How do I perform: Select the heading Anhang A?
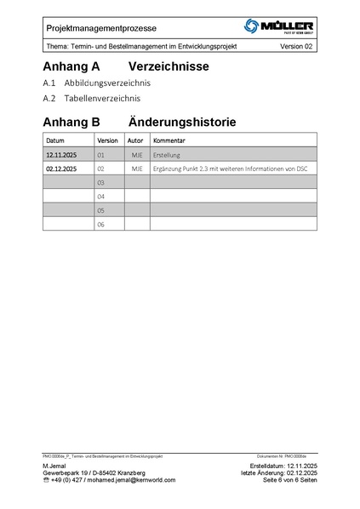point(71,66)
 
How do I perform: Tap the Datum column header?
point(55,140)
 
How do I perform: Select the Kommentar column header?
point(169,140)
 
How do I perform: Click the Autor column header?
point(136,140)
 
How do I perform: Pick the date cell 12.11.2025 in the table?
point(61,156)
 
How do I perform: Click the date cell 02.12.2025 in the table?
point(61,169)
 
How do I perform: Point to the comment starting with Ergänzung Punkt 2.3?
point(230,169)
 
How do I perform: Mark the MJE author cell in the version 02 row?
point(137,169)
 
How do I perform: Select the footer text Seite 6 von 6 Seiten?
point(290,480)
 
